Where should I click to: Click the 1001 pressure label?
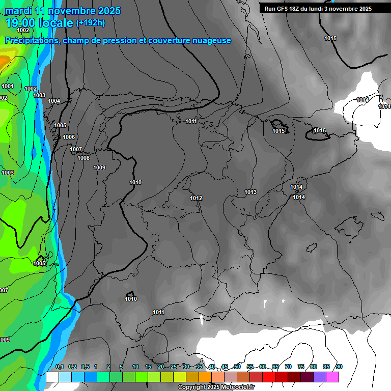[8, 86]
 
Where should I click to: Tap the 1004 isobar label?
[54, 101]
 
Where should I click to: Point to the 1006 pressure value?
[69, 137]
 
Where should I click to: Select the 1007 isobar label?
[76, 149]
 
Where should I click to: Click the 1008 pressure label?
[83, 158]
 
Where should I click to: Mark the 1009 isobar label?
[99, 167]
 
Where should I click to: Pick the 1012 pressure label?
[196, 198]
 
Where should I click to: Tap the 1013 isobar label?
[250, 192]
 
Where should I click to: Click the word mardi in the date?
[18, 11]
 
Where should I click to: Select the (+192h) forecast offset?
[91, 23]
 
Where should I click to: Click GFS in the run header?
[283, 9]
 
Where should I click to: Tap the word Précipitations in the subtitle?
[32, 41]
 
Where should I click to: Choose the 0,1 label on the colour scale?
[59, 367]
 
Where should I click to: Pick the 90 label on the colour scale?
[339, 367]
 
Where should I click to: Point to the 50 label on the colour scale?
[237, 367]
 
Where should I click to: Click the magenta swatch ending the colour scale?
[332, 377]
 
